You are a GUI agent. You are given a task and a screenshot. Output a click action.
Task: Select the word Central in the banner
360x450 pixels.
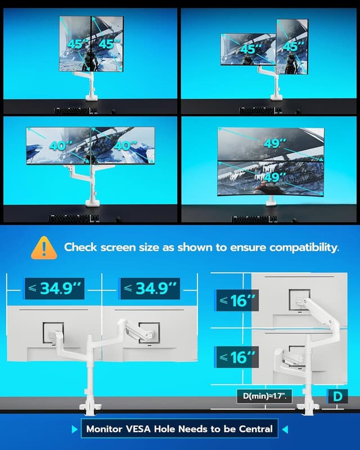coord(253,429)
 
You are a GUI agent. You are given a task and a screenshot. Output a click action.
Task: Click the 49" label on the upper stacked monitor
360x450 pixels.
coord(272,143)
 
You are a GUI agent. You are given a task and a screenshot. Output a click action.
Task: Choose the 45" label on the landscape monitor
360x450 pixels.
coord(247,49)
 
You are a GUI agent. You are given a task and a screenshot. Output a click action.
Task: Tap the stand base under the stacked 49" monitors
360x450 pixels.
coord(272,202)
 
